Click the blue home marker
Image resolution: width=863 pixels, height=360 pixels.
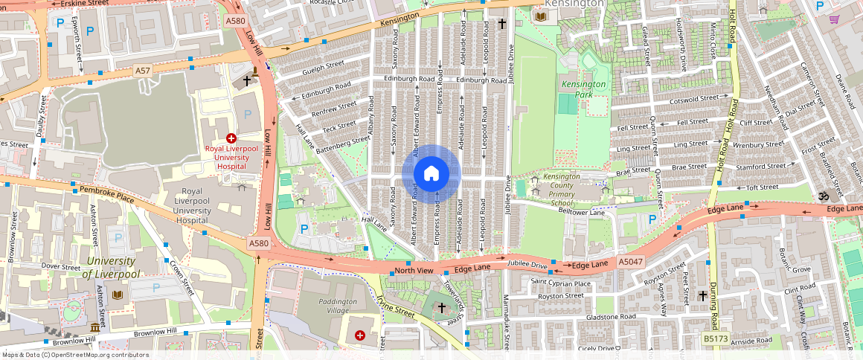click(431, 174)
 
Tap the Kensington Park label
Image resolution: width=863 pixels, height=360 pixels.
click(583, 89)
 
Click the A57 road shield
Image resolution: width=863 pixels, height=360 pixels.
click(143, 70)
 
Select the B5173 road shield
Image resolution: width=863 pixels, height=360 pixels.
click(716, 338)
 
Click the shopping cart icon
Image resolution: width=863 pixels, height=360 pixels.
click(835, 19)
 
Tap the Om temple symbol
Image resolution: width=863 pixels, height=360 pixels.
click(824, 196)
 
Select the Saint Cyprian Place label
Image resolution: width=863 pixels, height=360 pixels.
click(562, 283)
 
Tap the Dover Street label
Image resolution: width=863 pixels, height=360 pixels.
click(60, 266)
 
